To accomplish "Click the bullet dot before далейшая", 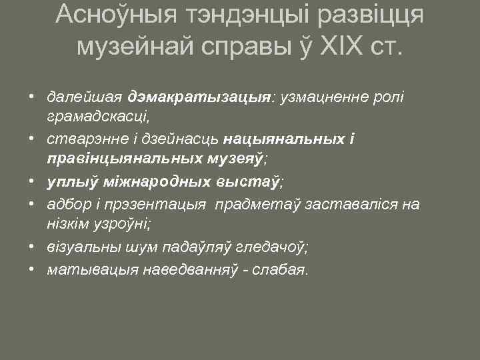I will (31, 98).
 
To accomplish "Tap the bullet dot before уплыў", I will (31, 181).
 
